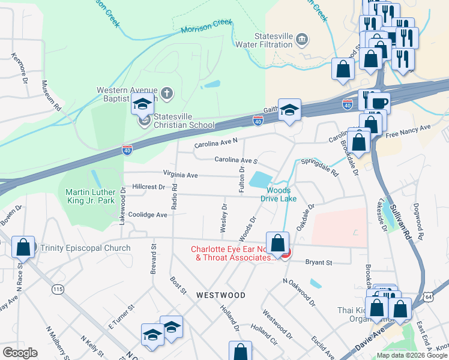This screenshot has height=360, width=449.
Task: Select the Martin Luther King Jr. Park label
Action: (x=90, y=197)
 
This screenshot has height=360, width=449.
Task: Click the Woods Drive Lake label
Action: (x=278, y=194)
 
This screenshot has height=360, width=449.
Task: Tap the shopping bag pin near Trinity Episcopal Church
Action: (x=23, y=247)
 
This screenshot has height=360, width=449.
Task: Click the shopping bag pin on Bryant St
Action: (x=277, y=244)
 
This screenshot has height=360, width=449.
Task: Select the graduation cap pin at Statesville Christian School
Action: (x=143, y=106)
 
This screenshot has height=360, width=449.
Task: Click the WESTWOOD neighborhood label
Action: (x=220, y=295)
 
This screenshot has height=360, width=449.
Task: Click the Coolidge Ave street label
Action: (x=148, y=214)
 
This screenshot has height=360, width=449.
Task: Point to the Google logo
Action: (x=20, y=353)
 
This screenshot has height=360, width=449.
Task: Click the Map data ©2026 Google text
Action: (x=411, y=355)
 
